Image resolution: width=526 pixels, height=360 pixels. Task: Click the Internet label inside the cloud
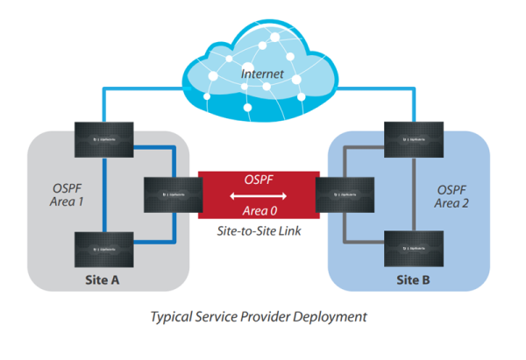coord(262,75)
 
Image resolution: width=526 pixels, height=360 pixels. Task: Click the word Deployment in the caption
coord(331,315)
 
